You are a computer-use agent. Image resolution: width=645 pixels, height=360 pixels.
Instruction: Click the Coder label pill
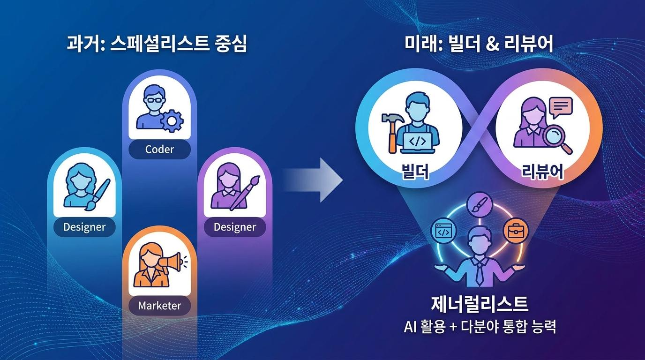tap(159, 150)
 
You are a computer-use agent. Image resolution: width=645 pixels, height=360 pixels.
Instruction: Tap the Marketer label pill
tap(159, 306)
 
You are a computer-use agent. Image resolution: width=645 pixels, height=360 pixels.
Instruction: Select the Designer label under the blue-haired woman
tap(84, 227)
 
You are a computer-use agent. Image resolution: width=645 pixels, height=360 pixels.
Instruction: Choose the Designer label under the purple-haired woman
tap(235, 227)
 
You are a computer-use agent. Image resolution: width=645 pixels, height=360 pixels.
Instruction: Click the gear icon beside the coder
tap(172, 121)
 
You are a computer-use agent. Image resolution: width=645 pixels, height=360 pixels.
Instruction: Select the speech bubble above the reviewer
tap(561, 108)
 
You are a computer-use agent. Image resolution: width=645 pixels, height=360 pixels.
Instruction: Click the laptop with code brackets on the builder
tap(418, 142)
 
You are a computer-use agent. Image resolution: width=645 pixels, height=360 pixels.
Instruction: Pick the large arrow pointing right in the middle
tap(312, 180)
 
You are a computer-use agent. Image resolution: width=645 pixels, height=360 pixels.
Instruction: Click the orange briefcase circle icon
tap(516, 231)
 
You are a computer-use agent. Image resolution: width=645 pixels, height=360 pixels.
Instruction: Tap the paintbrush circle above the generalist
tap(480, 205)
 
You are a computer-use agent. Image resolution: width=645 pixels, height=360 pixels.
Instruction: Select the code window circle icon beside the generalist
tap(443, 231)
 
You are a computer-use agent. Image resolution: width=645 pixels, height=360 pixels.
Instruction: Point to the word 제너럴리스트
tap(480, 304)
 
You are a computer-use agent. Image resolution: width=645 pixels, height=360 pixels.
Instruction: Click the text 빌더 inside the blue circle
tap(415, 172)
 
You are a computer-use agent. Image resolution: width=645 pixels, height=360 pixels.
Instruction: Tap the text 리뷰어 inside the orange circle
tap(542, 172)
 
